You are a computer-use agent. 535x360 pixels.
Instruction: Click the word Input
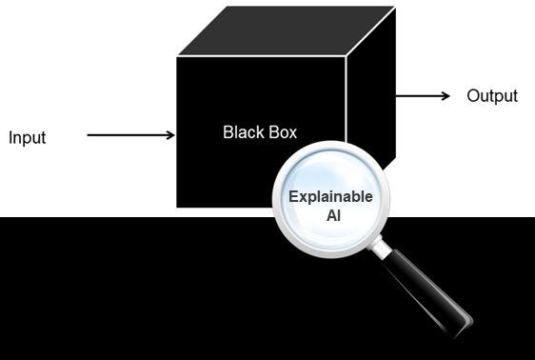pos(27,138)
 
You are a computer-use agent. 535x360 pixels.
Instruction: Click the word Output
pos(491,96)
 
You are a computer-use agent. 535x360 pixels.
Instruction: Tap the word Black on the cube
pos(242,131)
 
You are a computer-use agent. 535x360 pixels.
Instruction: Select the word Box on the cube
pos(281,131)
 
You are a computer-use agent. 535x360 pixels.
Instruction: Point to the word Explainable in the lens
pos(330,198)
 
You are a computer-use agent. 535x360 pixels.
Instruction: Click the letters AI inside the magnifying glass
pos(330,215)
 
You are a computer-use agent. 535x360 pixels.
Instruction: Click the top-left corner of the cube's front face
pos(177,56)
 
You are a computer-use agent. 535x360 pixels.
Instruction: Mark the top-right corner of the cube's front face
pos(347,56)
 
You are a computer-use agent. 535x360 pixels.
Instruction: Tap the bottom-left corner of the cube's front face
pos(177,207)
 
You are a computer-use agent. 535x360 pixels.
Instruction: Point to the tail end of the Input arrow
pos(89,135)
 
